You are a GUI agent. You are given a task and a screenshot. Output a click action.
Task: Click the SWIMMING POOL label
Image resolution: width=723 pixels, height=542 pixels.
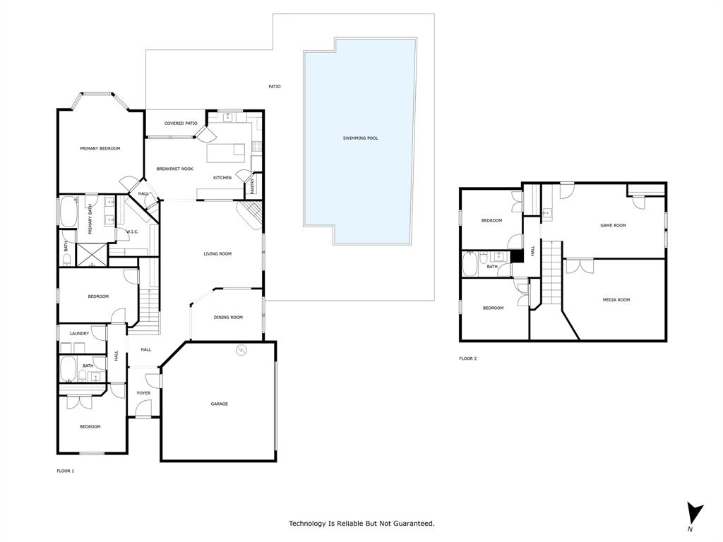[x=360, y=138]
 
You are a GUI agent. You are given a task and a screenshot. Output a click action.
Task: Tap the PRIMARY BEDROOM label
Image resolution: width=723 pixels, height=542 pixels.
[x=100, y=148]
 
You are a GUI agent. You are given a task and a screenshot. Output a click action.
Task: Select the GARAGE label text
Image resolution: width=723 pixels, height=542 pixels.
[x=219, y=404]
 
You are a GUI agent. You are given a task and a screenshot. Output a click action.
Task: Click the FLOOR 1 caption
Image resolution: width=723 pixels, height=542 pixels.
[x=65, y=471]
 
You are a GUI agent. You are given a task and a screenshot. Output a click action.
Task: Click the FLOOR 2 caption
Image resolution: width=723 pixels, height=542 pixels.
[x=467, y=359]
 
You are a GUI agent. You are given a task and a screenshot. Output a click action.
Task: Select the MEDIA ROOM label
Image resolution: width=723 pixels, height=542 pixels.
[x=616, y=300]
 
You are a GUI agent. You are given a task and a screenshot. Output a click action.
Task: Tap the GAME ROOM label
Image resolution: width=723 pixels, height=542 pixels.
[x=613, y=226]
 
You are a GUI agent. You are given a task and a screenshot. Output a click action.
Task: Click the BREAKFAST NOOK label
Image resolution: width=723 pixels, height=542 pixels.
[x=174, y=169]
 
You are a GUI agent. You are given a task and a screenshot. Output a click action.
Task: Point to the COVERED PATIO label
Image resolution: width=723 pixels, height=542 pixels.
[x=181, y=124]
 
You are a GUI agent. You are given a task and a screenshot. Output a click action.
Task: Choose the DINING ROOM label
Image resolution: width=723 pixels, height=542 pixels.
[x=228, y=318]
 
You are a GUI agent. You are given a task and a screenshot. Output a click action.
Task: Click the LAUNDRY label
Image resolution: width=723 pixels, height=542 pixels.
[x=79, y=333]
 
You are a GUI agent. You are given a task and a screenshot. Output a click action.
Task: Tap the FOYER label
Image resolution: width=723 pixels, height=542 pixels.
[x=143, y=393]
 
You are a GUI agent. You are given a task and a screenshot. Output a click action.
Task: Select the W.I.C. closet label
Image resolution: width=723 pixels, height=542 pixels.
[x=132, y=231]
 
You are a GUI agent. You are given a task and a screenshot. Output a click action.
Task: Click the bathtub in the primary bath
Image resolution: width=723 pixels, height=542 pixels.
[x=68, y=212]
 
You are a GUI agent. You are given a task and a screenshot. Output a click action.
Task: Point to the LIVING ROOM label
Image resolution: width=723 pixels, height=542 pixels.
[x=217, y=254]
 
